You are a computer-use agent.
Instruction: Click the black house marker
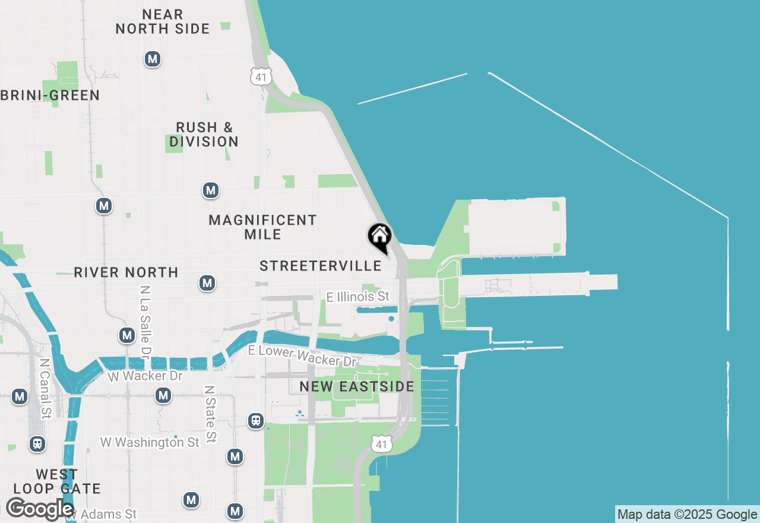[x=379, y=238]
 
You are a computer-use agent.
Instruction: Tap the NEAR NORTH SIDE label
[x=163, y=21]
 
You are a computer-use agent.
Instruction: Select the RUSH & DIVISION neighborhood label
[x=204, y=134]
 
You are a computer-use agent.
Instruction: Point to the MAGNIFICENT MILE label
[x=262, y=227]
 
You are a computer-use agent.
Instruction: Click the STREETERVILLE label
[x=321, y=266]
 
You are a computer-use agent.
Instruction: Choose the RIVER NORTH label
[x=126, y=272]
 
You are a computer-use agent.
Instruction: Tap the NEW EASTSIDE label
[x=357, y=387]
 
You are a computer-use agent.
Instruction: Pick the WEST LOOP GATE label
[x=57, y=481]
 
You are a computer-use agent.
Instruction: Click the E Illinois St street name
[x=358, y=296]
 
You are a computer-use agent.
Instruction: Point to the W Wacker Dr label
[x=145, y=376]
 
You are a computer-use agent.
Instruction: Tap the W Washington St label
[x=150, y=442]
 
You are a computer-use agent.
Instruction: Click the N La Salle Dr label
[x=144, y=322]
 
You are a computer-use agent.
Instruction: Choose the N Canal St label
[x=44, y=387]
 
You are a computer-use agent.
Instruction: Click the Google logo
[x=39, y=509]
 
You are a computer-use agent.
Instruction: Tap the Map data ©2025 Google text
[x=687, y=515]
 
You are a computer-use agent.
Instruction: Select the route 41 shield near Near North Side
[x=261, y=76]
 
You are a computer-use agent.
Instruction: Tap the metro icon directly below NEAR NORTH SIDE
[x=153, y=59]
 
